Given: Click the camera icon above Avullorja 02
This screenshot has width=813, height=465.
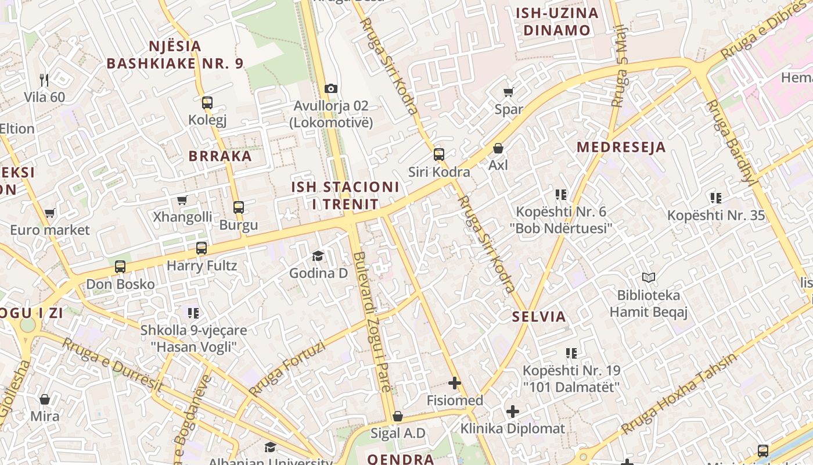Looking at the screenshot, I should point(331,88).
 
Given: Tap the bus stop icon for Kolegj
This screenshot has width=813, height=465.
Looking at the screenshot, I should point(207,103).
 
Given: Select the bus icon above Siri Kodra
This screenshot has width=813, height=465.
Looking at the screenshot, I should point(439,154).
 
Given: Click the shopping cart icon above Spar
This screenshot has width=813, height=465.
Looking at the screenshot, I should point(509,92).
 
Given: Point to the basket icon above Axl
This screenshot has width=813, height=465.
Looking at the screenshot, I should point(498,148).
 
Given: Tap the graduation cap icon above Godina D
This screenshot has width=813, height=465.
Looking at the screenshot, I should point(318,256).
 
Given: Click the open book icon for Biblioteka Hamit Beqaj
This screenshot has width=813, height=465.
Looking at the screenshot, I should point(648,278).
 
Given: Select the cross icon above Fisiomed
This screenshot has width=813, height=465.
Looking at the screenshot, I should point(455,383).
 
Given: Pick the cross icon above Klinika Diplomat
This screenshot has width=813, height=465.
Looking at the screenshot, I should point(512,412).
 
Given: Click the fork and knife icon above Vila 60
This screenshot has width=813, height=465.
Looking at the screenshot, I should point(44,80).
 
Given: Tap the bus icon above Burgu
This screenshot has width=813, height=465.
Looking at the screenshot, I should point(238,207).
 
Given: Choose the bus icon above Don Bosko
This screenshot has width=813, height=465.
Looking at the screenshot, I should point(120,267).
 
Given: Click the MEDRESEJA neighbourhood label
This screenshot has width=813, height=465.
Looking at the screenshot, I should point(621,147).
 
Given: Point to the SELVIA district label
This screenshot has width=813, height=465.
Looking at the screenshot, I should point(539,317).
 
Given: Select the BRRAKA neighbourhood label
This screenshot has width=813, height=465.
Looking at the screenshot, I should point(220,156).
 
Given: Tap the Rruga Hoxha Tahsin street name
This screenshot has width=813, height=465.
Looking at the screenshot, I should point(678,394).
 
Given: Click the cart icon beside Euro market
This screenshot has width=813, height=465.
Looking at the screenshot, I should point(49,213).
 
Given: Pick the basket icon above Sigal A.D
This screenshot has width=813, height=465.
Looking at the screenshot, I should point(398,416).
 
